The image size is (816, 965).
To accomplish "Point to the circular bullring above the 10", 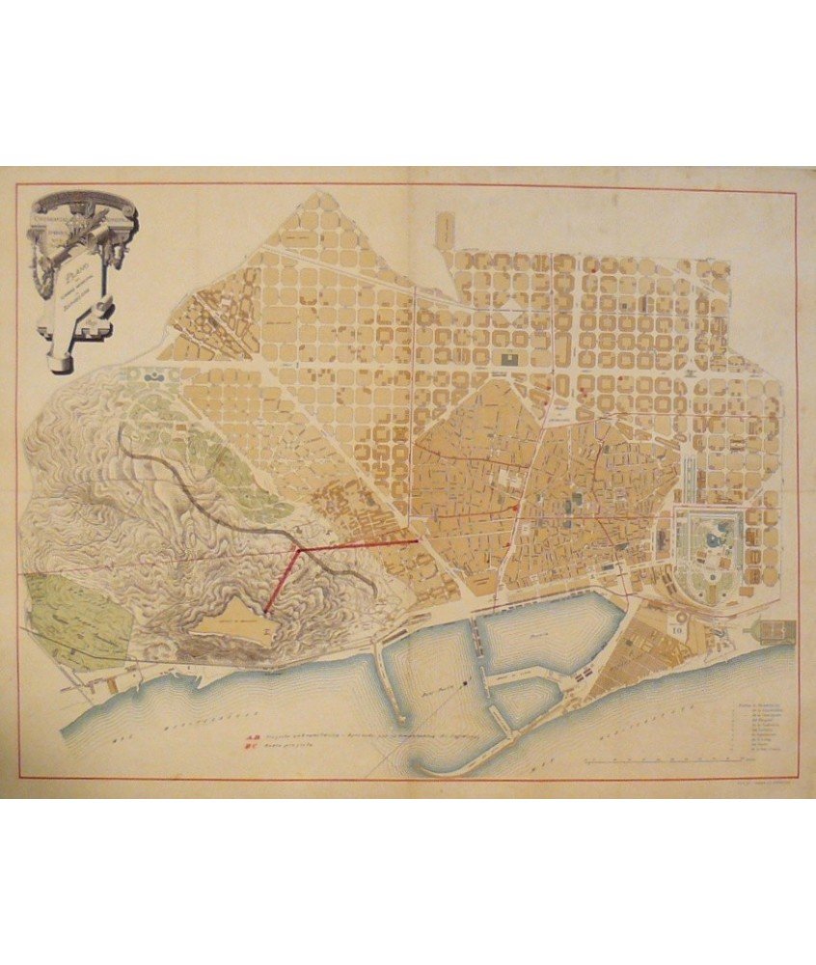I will (679, 616).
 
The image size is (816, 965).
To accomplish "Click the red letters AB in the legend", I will (250, 742).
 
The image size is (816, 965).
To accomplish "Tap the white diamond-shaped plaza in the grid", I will (507, 314).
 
